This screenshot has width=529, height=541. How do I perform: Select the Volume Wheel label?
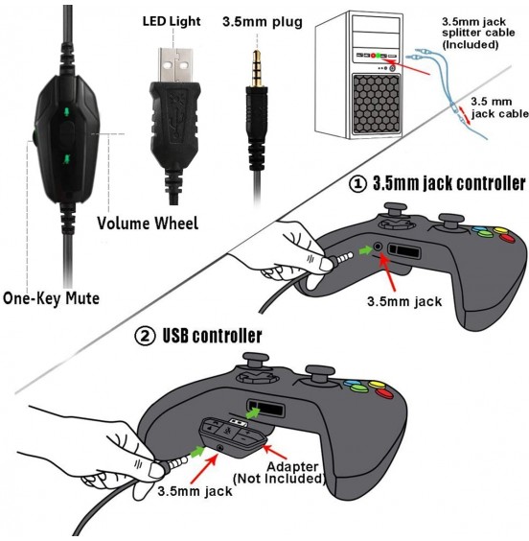[148, 223]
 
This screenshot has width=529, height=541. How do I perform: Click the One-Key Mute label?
[50, 298]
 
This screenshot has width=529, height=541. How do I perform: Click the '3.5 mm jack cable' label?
[494, 106]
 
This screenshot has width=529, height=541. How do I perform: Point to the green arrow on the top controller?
[363, 251]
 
